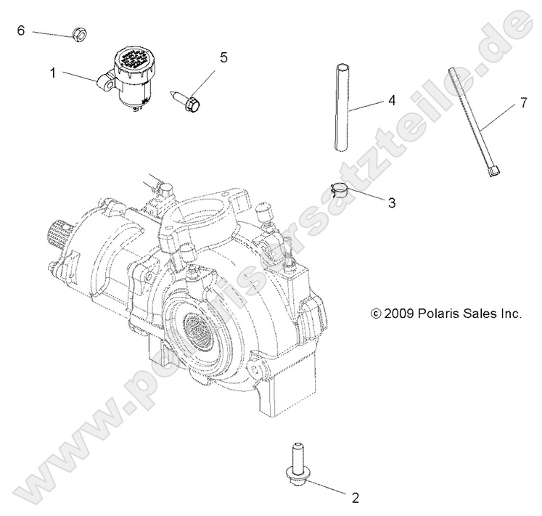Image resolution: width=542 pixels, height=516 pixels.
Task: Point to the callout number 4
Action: pyautogui.click(x=391, y=101)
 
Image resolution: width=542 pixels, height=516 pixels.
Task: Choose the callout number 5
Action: pyautogui.click(x=223, y=57)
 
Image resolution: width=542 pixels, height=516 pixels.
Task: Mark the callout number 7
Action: pyautogui.click(x=522, y=105)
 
